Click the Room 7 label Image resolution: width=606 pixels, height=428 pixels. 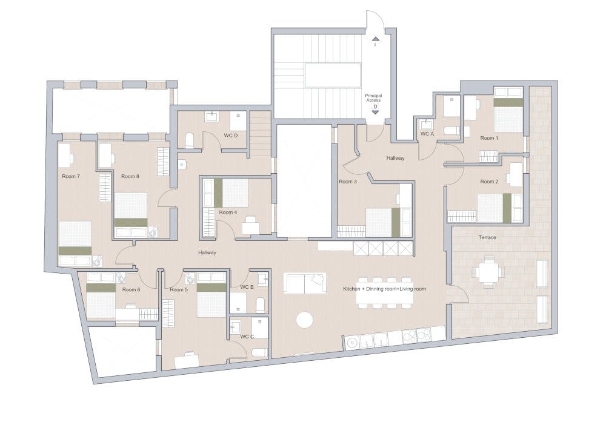71,176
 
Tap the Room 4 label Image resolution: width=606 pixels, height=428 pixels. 228,212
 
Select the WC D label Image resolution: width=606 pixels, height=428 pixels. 231,136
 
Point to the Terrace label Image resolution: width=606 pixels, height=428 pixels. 487,237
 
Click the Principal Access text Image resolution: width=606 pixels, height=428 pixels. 373,98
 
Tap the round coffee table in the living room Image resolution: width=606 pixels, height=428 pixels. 305,320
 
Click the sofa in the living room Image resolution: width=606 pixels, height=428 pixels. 305,283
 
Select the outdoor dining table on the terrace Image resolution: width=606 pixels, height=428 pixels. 489,272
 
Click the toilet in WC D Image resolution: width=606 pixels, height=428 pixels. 189,140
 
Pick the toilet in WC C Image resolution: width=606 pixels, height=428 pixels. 259,352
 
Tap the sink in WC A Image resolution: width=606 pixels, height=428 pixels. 426,125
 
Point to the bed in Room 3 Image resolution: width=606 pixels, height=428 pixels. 382,222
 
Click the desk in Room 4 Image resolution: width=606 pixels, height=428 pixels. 251,226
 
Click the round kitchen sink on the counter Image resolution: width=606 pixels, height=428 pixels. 352,342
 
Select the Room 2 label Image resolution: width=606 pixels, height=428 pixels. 489,182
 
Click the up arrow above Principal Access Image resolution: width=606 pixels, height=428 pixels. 376,39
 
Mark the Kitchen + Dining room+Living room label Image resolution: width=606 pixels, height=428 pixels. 385,289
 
